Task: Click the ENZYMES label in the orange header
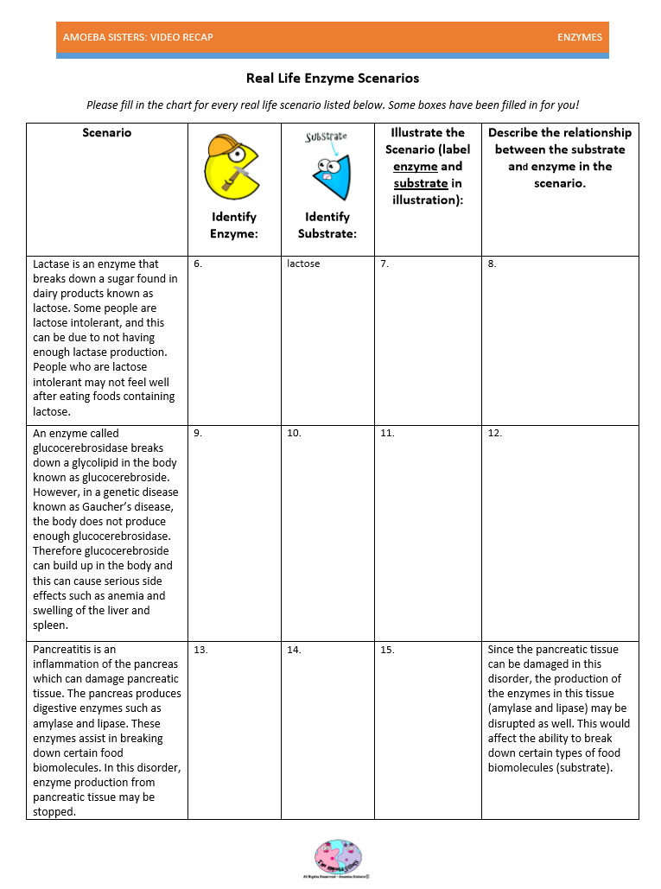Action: (x=579, y=37)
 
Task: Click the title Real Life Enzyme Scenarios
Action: (x=333, y=79)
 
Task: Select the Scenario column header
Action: (x=107, y=133)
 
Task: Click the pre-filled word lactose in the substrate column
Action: (x=303, y=264)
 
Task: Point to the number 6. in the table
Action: (x=198, y=264)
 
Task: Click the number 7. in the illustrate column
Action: (x=385, y=264)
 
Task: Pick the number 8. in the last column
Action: (x=492, y=264)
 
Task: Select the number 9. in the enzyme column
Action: (x=198, y=433)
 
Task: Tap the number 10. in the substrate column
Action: (x=294, y=433)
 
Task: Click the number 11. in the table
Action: (x=387, y=433)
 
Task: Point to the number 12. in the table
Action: (x=494, y=433)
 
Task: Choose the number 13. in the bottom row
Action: (x=200, y=650)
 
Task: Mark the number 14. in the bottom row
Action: (x=294, y=650)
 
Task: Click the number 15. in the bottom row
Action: (x=387, y=650)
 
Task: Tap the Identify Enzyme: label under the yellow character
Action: (x=233, y=225)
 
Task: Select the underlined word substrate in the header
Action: (x=421, y=183)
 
